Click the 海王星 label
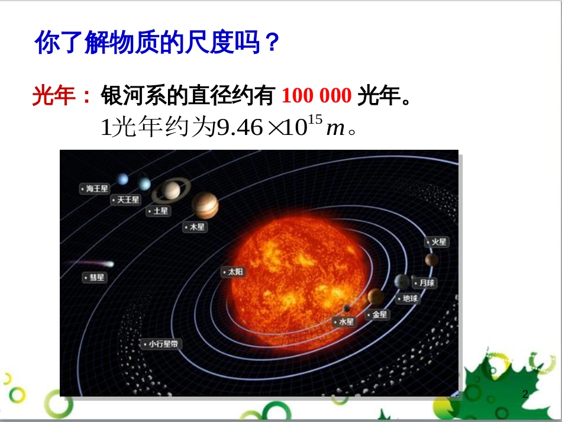click(x=95, y=188)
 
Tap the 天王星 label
click(x=125, y=200)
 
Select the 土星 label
click(x=159, y=211)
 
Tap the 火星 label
click(x=437, y=242)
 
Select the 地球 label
click(x=408, y=298)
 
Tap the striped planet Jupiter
click(x=205, y=205)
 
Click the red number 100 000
click(x=316, y=95)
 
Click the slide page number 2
click(x=525, y=394)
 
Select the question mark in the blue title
click(x=270, y=43)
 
